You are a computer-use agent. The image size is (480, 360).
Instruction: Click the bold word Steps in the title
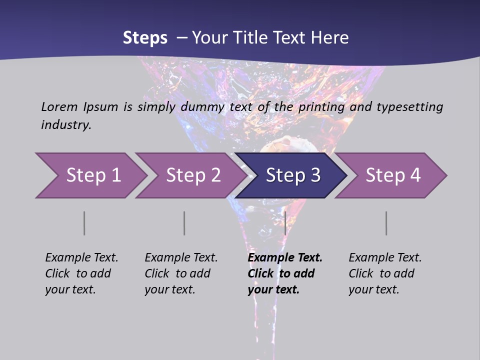(x=145, y=38)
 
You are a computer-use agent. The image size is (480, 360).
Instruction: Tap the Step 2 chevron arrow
(x=193, y=175)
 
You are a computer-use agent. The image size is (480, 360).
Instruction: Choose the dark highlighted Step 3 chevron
(x=293, y=175)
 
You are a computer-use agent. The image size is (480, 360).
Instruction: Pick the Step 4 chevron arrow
(x=393, y=175)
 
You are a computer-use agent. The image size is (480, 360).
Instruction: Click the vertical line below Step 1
(x=84, y=223)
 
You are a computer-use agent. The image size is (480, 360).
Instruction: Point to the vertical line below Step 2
(x=184, y=223)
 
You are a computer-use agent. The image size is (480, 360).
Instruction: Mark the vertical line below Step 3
(x=285, y=223)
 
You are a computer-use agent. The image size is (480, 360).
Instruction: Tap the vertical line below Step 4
(x=386, y=223)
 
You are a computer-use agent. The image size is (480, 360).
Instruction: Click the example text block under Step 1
(x=81, y=273)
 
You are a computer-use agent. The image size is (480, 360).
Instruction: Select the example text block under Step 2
(x=181, y=273)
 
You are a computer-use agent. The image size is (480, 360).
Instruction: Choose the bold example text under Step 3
(x=285, y=273)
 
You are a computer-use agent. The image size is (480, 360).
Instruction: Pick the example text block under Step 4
(x=385, y=273)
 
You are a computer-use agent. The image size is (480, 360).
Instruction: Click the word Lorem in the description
(x=59, y=106)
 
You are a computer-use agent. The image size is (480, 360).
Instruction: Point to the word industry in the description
(x=66, y=125)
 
